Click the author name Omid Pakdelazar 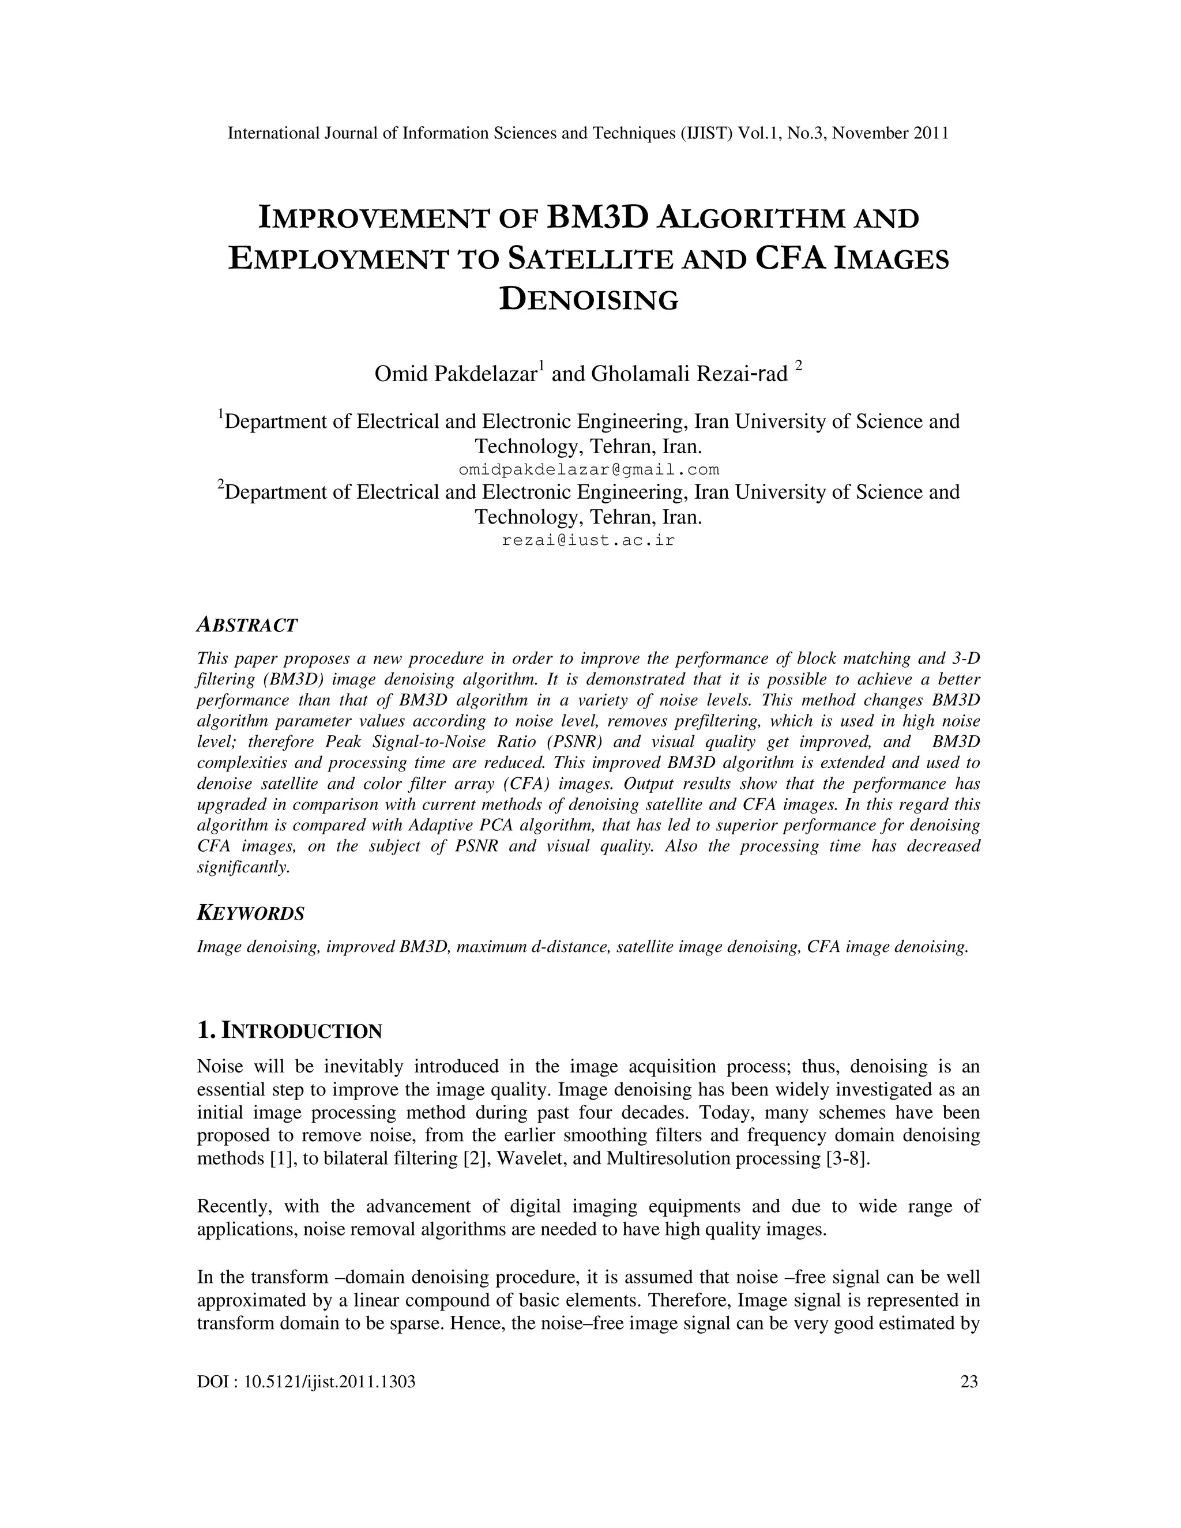pyautogui.click(x=456, y=374)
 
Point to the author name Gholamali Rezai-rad pyautogui.click(x=689, y=374)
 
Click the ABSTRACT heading pyautogui.click(x=247, y=625)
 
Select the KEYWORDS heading pyautogui.click(x=250, y=913)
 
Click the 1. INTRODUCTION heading pyautogui.click(x=289, y=1030)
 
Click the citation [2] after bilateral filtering pyautogui.click(x=470, y=1158)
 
